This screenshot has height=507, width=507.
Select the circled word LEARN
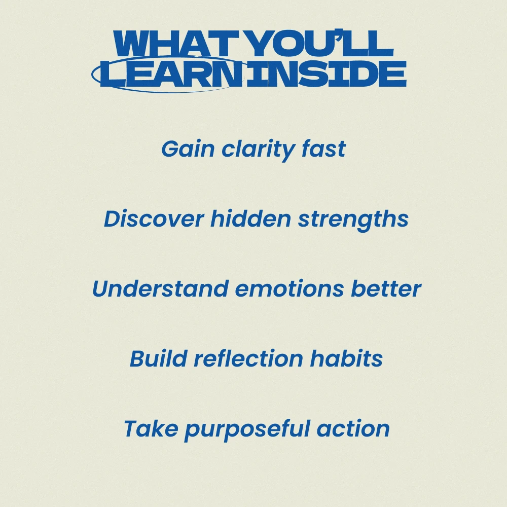point(171,74)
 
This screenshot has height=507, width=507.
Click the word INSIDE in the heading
point(326,74)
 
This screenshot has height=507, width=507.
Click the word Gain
point(188,149)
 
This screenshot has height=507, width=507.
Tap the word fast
point(323,149)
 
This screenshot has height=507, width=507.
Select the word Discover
point(154,219)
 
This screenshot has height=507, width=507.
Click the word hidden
point(251,219)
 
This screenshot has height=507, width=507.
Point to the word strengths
point(353,220)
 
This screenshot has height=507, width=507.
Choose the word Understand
point(160,288)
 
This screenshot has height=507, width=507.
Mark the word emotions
point(289,288)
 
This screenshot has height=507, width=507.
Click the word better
point(386,288)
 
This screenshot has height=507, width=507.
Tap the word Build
point(158,358)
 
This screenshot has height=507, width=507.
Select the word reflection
point(248,358)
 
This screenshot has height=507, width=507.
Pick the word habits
point(346,358)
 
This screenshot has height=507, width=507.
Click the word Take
point(151,428)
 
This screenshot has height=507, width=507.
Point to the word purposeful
point(247,430)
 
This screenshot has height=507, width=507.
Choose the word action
point(353,428)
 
